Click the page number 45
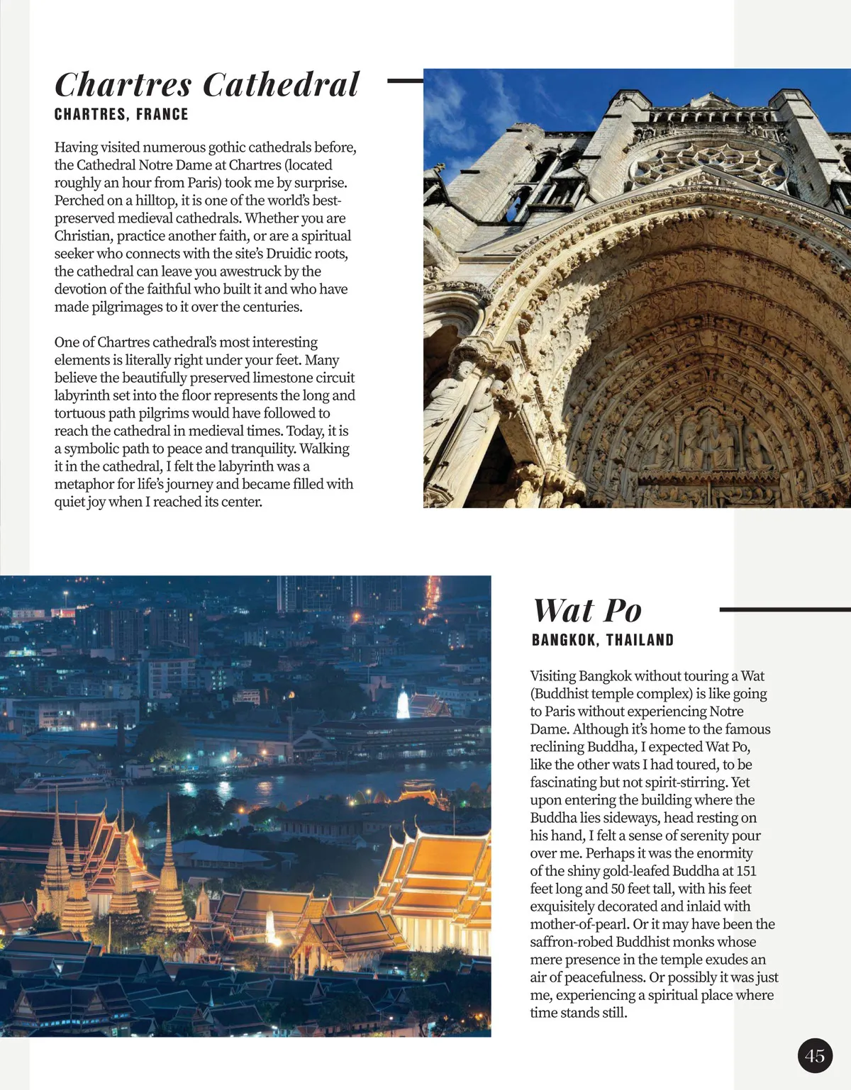(815, 1056)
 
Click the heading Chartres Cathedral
(207, 85)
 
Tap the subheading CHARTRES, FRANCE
(121, 114)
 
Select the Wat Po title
(587, 611)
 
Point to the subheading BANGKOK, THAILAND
(602, 640)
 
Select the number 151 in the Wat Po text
(746, 871)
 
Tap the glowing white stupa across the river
(403, 704)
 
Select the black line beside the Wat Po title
(784, 609)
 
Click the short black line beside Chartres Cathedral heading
(405, 82)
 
